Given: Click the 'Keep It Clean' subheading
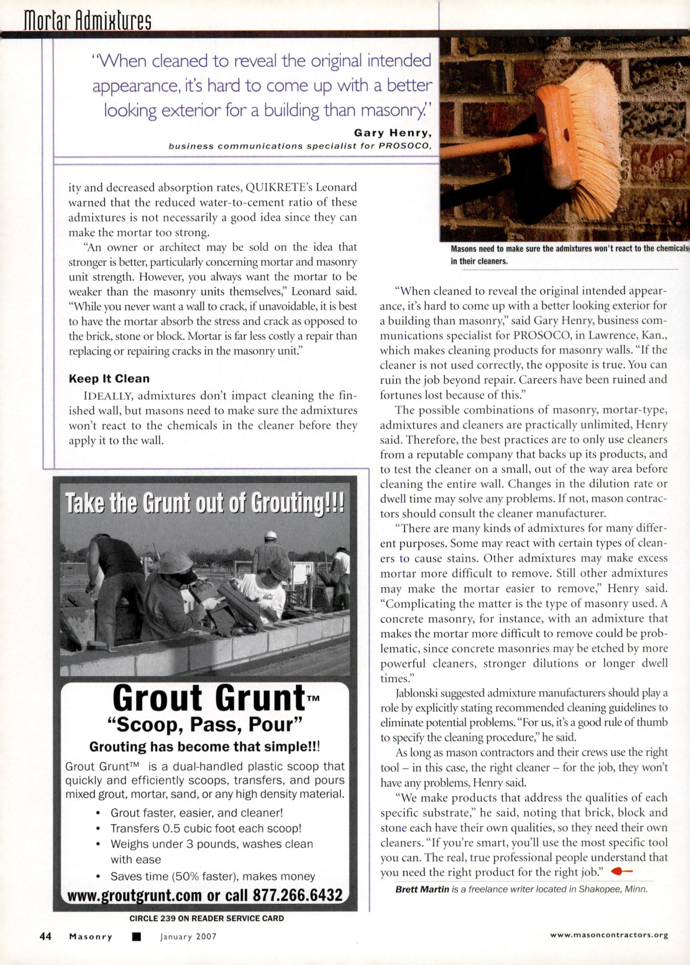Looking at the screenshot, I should tap(109, 379).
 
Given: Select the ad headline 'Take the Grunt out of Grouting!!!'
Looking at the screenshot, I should tap(204, 503).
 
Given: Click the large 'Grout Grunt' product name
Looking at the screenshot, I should tap(209, 698).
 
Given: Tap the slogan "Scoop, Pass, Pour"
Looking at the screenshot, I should tap(205, 724).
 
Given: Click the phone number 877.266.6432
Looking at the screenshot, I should tap(297, 895).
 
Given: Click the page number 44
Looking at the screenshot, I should tap(45, 936).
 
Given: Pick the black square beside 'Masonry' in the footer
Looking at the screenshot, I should tap(136, 937).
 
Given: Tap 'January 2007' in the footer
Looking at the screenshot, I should tap(188, 937).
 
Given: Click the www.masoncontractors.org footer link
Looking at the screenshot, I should tap(608, 935).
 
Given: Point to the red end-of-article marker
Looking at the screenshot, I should tap(621, 871).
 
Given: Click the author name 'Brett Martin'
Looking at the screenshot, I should tap(422, 889).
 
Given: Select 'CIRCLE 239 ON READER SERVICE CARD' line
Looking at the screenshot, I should tap(206, 918).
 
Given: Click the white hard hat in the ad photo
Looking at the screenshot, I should tap(270, 535).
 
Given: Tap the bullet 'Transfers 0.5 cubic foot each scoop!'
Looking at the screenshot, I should tap(206, 828).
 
